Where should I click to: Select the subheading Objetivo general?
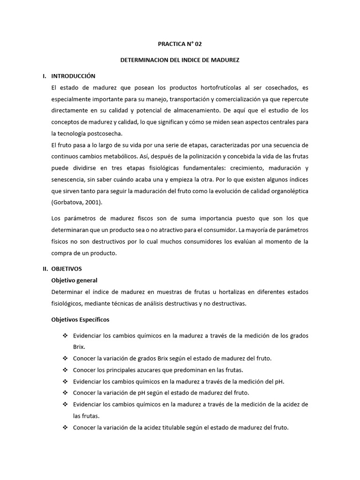point(74,280)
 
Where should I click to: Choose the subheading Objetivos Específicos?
point(80,319)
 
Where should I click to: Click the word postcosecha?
point(105,134)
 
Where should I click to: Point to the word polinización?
point(153,157)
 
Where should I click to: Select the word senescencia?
point(71,180)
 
